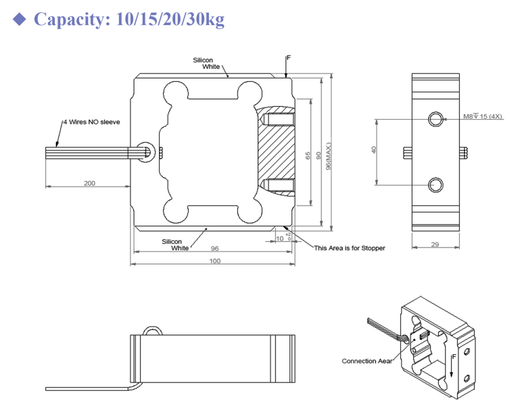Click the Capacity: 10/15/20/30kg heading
click(128, 19)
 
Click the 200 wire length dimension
click(89, 183)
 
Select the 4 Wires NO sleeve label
click(91, 122)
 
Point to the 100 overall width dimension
click(214, 261)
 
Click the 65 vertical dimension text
click(308, 155)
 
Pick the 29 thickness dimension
click(435, 244)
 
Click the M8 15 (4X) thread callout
click(483, 117)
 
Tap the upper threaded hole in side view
click(436, 120)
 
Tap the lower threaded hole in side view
click(436, 184)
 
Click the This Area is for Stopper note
click(349, 248)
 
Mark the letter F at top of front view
click(288, 58)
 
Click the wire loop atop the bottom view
click(151, 331)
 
